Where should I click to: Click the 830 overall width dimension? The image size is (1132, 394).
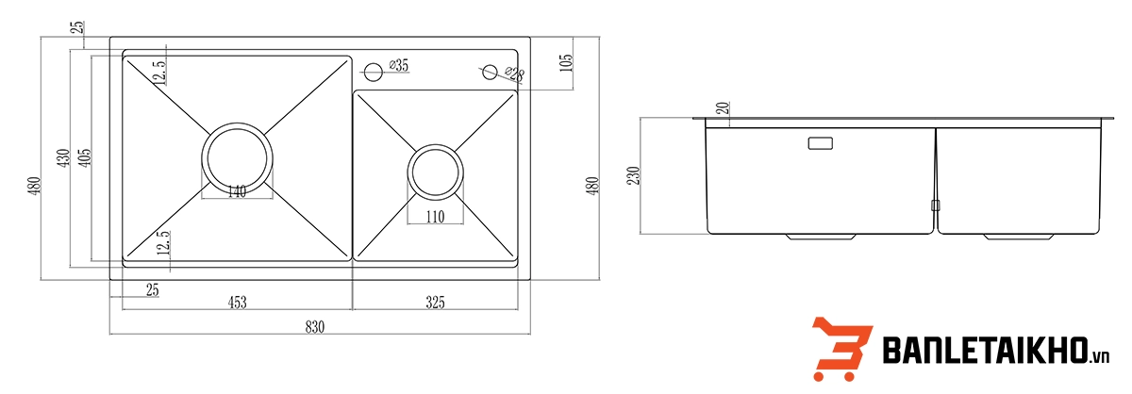(x=314, y=327)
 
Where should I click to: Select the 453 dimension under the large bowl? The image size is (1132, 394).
(x=237, y=302)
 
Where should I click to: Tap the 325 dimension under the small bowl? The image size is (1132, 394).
(x=435, y=302)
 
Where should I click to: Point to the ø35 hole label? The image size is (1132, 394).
(x=399, y=65)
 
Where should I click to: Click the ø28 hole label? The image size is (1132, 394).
(x=514, y=74)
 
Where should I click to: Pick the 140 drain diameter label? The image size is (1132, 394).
(x=237, y=191)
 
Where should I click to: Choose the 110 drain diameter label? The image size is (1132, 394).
(x=435, y=217)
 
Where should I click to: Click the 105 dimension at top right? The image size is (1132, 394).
(x=567, y=63)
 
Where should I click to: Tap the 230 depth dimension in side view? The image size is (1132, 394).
(x=633, y=175)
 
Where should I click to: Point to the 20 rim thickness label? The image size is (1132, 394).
(x=724, y=108)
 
